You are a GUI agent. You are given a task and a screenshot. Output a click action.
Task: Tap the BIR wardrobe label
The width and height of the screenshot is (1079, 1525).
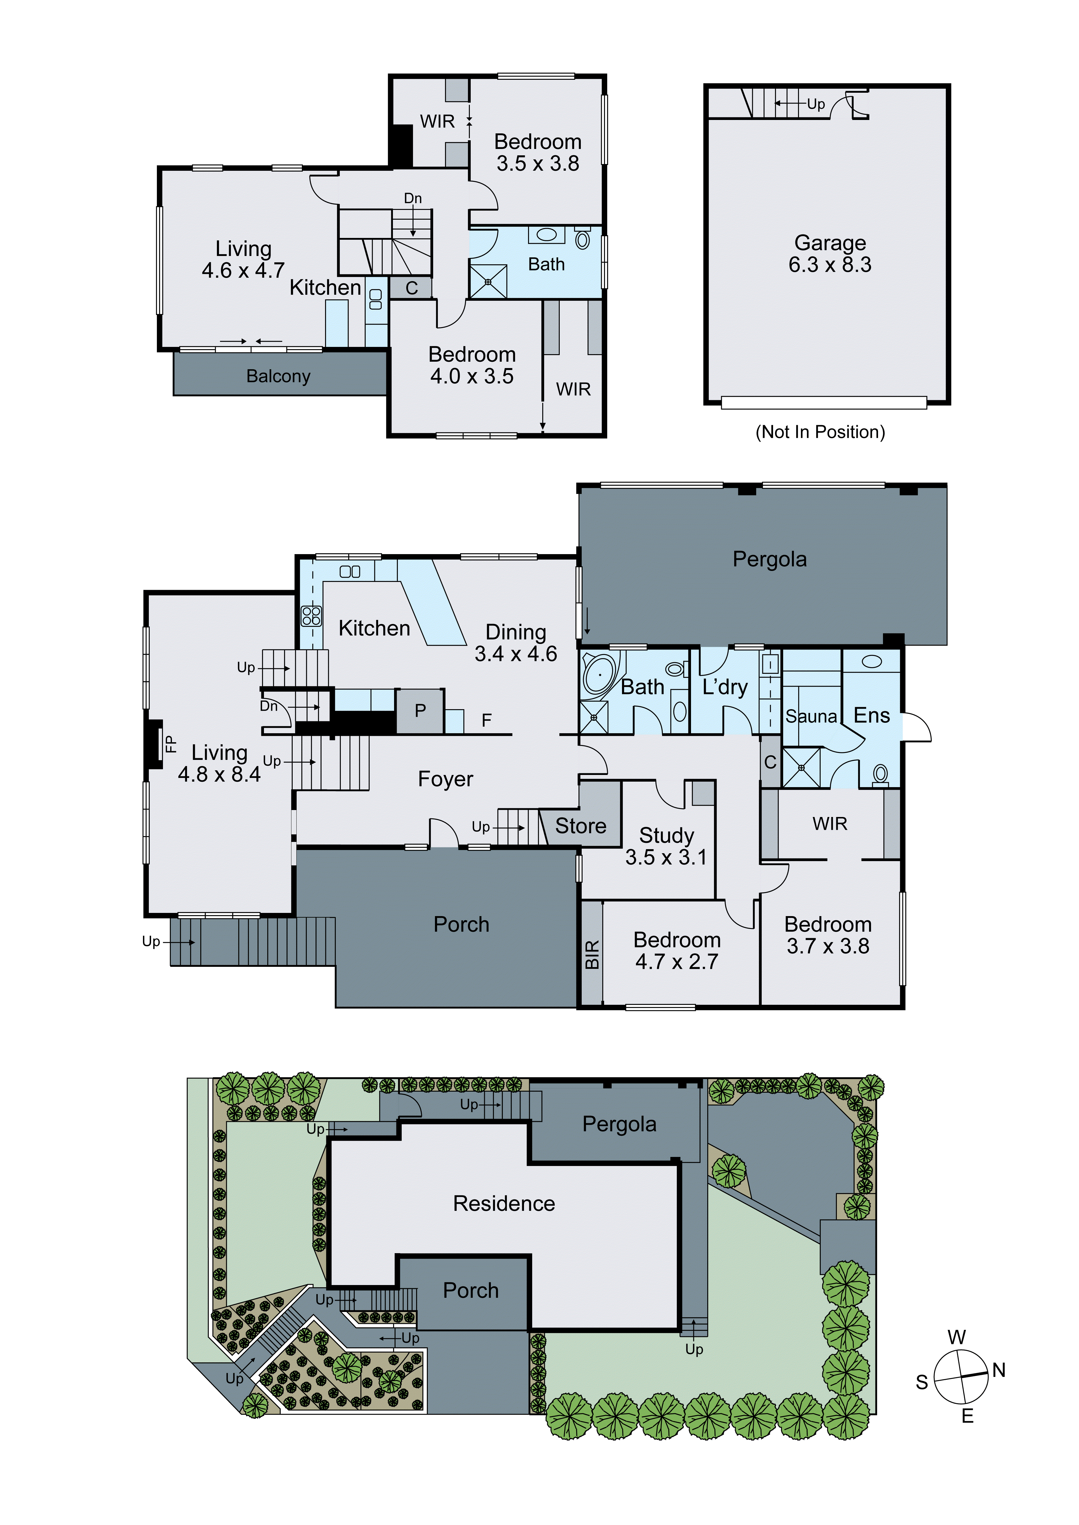coord(592,954)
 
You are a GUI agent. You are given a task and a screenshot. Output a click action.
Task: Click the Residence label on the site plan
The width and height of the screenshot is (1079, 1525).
coord(504,1204)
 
